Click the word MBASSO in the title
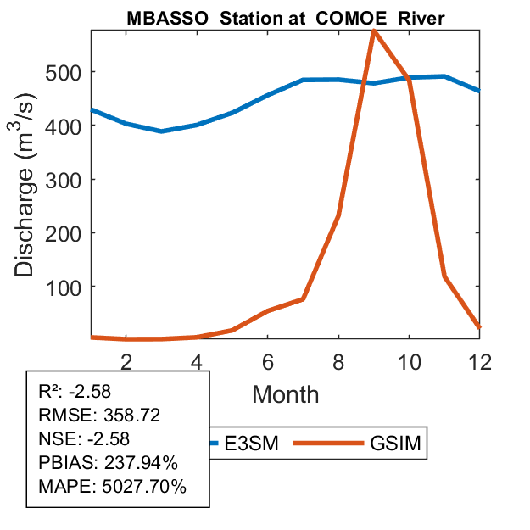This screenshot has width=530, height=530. [167, 18]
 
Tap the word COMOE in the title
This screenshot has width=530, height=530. [351, 18]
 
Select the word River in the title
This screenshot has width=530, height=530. [421, 18]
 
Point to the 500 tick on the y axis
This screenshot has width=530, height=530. [64, 73]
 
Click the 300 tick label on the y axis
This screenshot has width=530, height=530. [64, 180]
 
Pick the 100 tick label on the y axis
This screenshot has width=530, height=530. [64, 287]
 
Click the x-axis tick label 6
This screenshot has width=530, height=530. [268, 362]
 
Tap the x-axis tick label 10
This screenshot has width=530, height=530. [410, 362]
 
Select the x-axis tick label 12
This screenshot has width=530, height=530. [480, 362]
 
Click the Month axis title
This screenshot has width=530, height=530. [286, 394]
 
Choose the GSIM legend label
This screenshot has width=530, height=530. [395, 443]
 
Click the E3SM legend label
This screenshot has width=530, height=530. [251, 443]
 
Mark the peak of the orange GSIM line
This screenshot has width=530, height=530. [374, 31]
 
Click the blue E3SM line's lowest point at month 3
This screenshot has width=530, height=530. [162, 131]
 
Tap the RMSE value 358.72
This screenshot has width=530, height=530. [131, 415]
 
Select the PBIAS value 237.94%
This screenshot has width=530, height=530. [141, 462]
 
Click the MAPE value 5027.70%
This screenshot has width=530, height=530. [144, 487]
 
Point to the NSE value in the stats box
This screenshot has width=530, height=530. [109, 438]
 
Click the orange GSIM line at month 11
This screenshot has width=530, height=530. [445, 276]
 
